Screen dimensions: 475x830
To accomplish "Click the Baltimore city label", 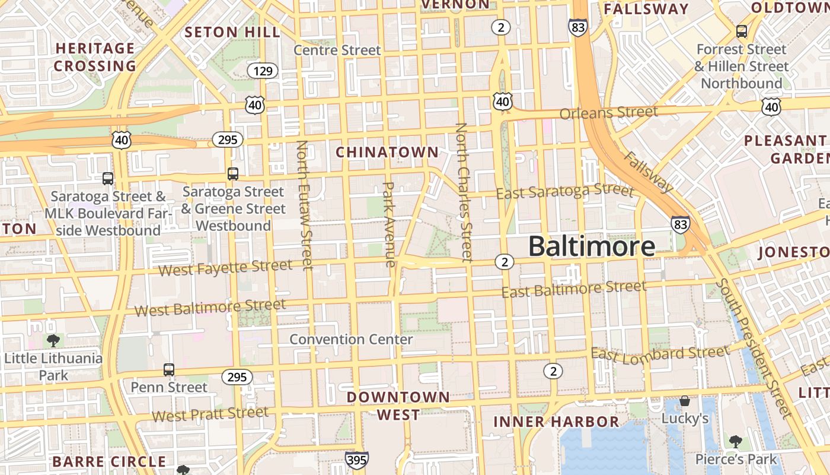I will tap(591, 246).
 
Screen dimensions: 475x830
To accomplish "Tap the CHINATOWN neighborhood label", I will tap(387, 153).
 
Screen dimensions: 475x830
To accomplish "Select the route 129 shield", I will tap(262, 71).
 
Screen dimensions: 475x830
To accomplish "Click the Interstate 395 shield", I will tap(357, 459).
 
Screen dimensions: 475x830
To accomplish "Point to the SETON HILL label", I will tap(232, 32).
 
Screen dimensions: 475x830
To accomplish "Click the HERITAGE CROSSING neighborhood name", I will tap(95, 57).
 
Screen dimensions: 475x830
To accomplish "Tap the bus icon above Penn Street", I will tap(169, 370).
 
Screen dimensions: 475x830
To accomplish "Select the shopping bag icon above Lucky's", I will tap(685, 401).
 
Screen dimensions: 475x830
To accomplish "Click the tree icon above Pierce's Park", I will tap(736, 441).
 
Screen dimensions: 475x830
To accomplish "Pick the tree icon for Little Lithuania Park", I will tap(53, 341).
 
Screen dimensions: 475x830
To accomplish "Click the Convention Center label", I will tap(351, 340).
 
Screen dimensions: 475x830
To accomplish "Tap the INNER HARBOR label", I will tap(556, 422).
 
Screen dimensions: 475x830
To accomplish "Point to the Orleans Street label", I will tap(608, 113).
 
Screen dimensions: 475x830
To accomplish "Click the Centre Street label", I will tap(337, 50).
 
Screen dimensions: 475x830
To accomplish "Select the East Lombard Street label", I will tap(660, 354).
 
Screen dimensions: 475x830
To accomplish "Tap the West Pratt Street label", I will tap(210, 413).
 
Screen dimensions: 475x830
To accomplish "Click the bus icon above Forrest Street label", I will tap(741, 31).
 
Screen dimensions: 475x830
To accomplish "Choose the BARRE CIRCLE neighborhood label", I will tap(109, 461).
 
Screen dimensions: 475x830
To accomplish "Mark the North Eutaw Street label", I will tap(304, 205).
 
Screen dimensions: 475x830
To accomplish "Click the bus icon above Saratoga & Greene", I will tap(233, 174).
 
